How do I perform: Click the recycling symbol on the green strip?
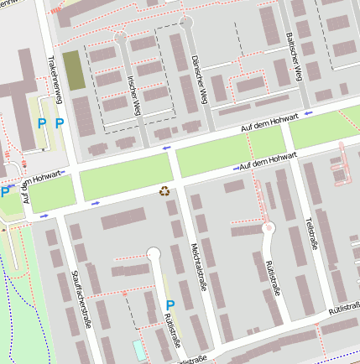point(164,190)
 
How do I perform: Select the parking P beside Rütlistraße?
point(170,305)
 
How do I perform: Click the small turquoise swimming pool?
point(138,347)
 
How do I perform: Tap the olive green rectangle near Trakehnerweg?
point(74,70)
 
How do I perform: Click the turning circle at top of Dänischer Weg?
point(186,23)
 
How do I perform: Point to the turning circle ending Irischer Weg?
point(121,38)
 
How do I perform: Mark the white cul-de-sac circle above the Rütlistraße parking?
point(153,253)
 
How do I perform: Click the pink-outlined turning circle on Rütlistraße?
point(269,227)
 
